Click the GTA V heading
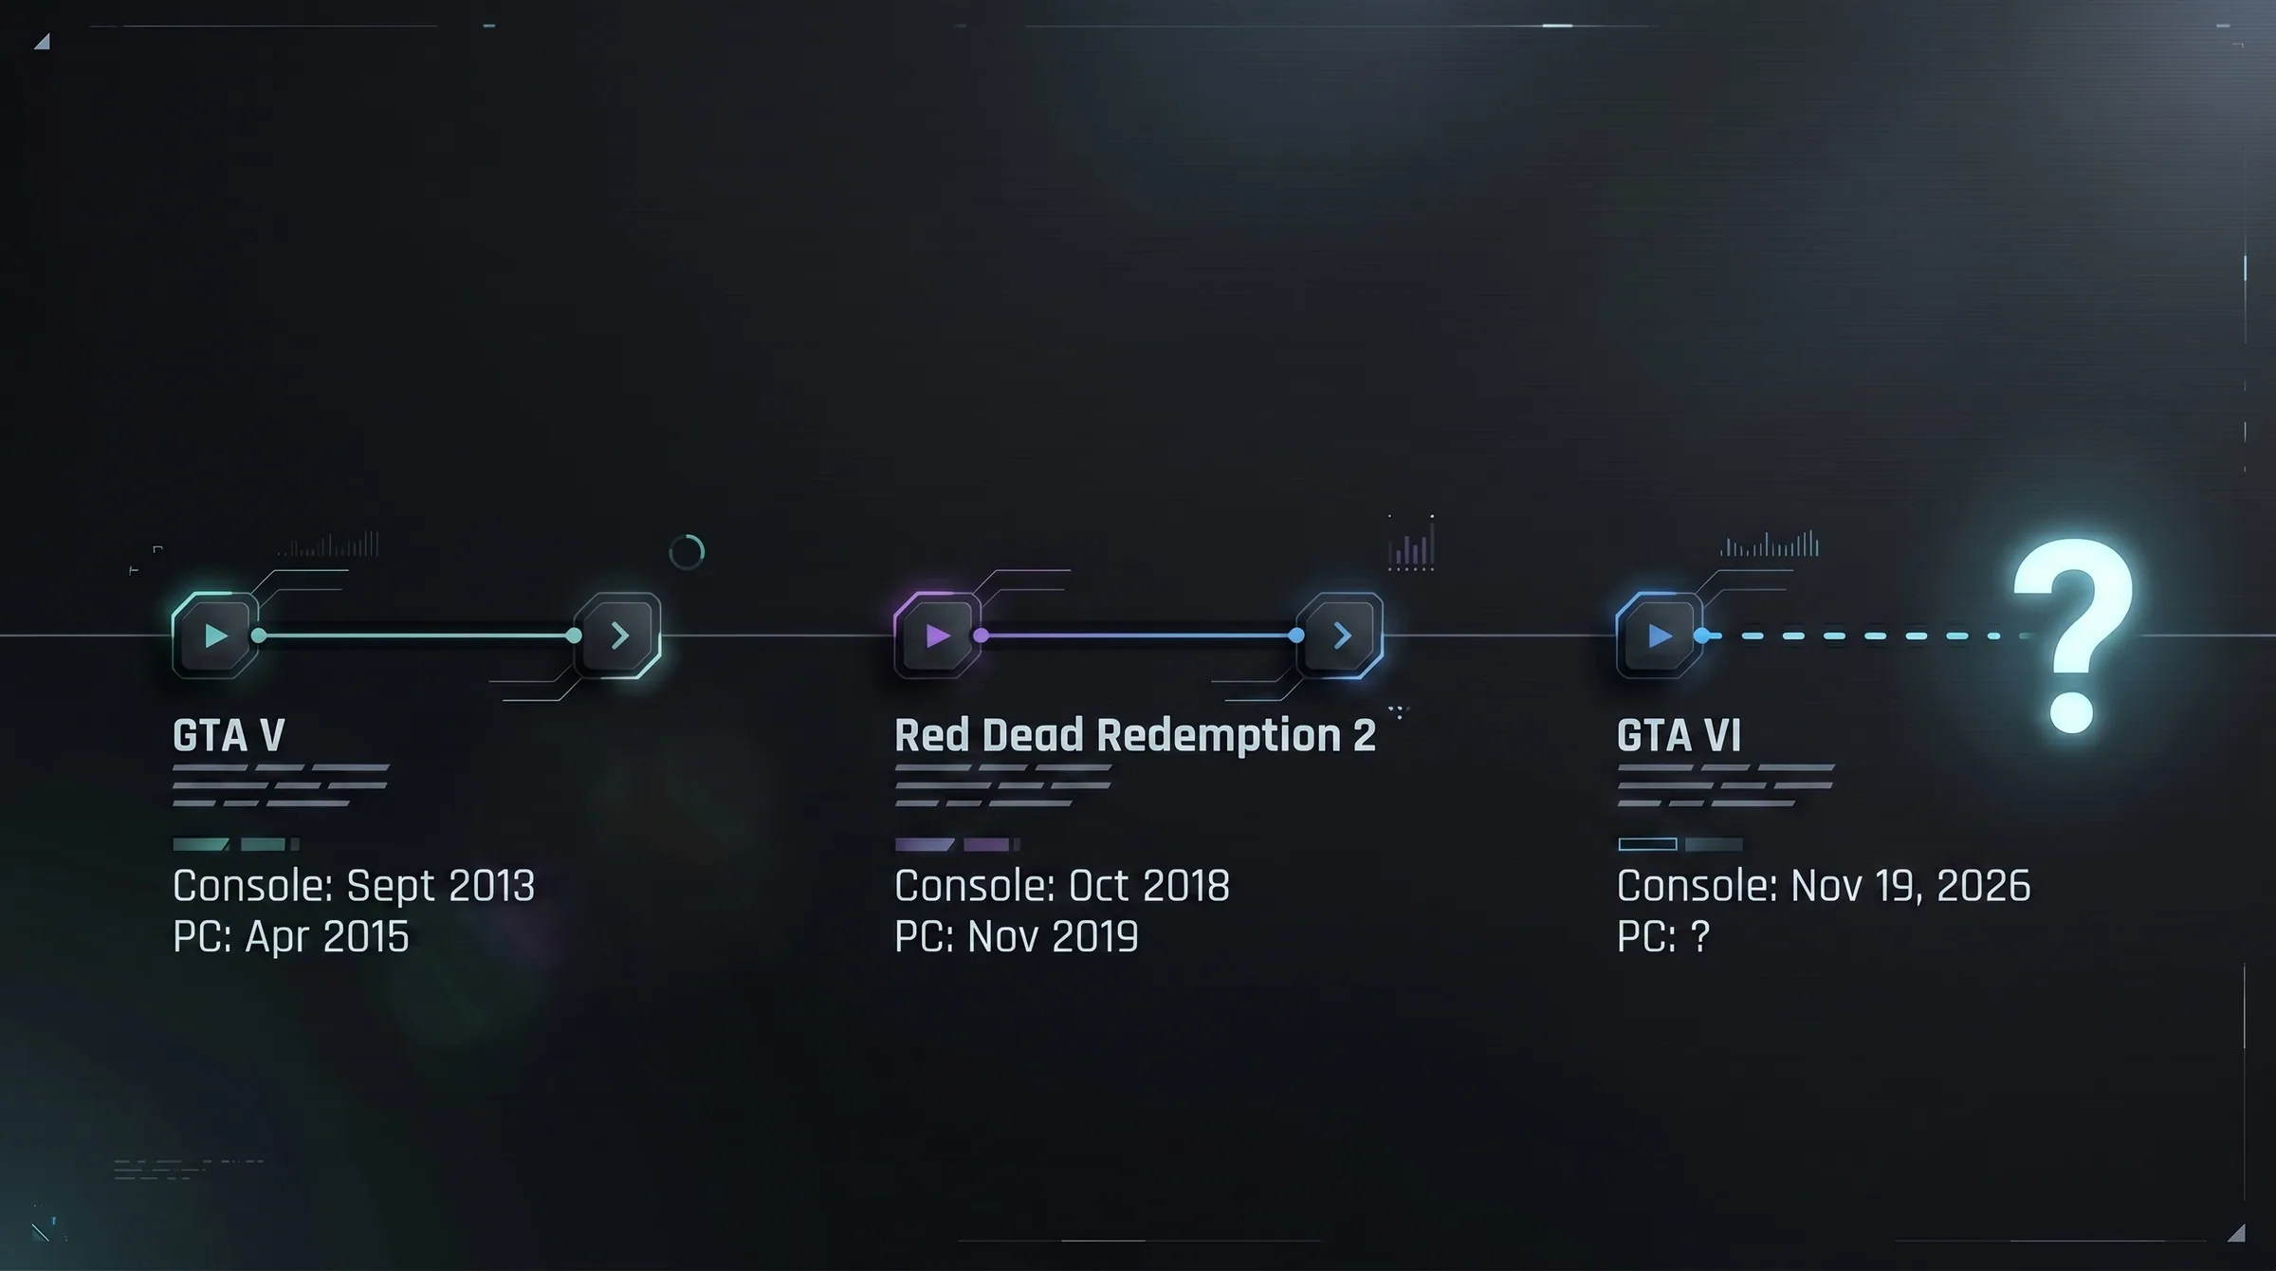[x=229, y=735]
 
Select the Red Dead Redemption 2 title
[x=1134, y=735]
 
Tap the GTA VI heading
[x=1679, y=735]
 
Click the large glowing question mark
[x=2074, y=635]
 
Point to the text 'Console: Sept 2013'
[x=354, y=886]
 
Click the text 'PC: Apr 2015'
[x=291, y=936]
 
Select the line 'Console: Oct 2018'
[x=1062, y=886]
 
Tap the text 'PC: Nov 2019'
[x=1017, y=936]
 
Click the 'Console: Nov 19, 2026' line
[x=1824, y=886]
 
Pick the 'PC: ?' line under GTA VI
[x=1663, y=936]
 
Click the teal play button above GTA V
[x=215, y=635]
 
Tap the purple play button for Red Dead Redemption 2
[x=937, y=635]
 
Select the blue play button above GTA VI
[x=1660, y=635]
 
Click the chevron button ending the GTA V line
[x=618, y=635]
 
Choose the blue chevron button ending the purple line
[x=1340, y=635]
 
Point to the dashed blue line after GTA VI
[x=1863, y=635]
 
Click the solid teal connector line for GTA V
[x=416, y=635]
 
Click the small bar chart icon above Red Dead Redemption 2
[x=1411, y=543]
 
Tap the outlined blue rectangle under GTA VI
[x=1647, y=844]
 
